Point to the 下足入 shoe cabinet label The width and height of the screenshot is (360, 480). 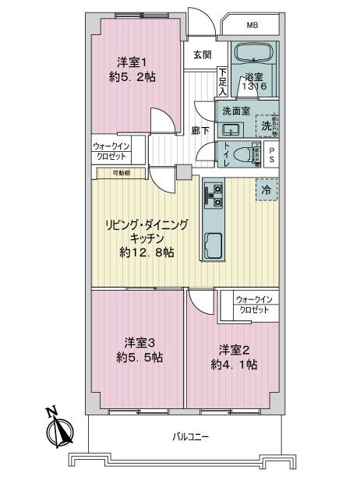coord(222,78)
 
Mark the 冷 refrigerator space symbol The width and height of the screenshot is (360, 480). coord(266,189)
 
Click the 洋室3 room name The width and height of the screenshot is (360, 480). coord(136,341)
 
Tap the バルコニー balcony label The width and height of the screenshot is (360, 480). coord(190,437)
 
